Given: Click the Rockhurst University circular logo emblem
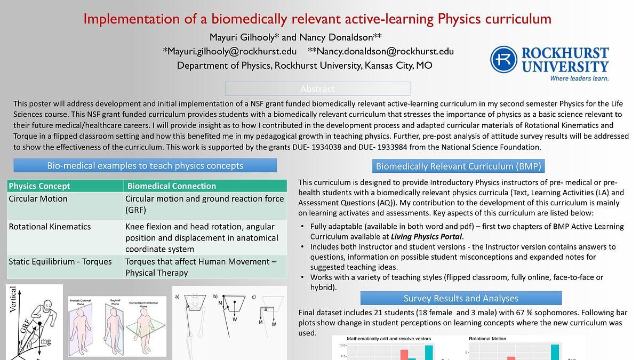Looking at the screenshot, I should click(503, 59).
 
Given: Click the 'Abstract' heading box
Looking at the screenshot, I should click(317, 89).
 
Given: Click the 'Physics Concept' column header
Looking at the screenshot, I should click(39, 186).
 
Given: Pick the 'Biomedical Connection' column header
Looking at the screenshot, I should click(171, 186).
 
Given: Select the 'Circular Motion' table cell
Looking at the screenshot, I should click(38, 199).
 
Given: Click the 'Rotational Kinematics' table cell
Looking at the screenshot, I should click(50, 227).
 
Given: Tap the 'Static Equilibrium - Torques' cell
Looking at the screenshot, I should click(60, 261).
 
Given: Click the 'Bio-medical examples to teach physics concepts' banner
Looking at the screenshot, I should click(145, 165).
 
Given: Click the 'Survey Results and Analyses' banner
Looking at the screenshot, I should click(461, 298).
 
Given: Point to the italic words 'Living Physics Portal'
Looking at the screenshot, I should click(426, 236).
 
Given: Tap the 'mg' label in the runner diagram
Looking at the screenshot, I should click(46, 342).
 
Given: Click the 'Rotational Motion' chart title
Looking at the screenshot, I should click(487, 339).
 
